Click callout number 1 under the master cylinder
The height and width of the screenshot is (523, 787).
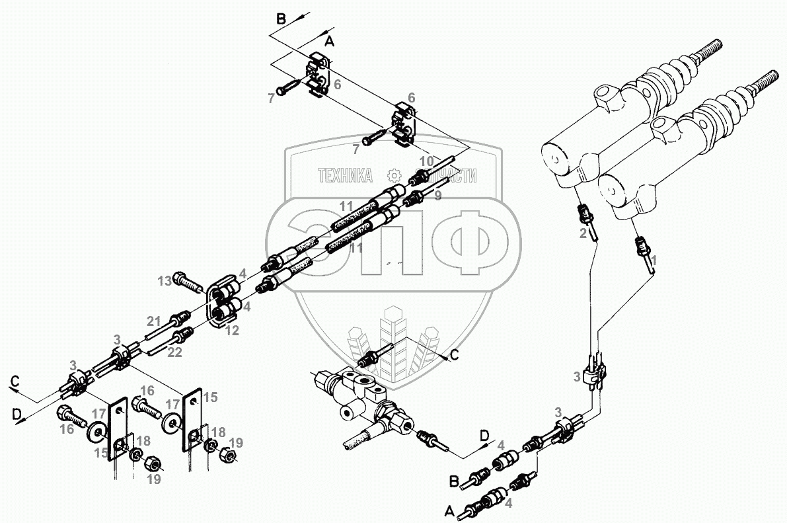coord(654,262)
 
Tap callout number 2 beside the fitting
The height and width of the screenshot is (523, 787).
coord(583,233)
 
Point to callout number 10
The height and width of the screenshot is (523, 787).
coord(427,161)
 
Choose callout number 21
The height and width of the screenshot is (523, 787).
coord(154,321)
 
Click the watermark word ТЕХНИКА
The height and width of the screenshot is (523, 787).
coord(345,175)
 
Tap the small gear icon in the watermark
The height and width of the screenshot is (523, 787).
coord(394,175)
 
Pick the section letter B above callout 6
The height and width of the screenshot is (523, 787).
coord(281,19)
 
